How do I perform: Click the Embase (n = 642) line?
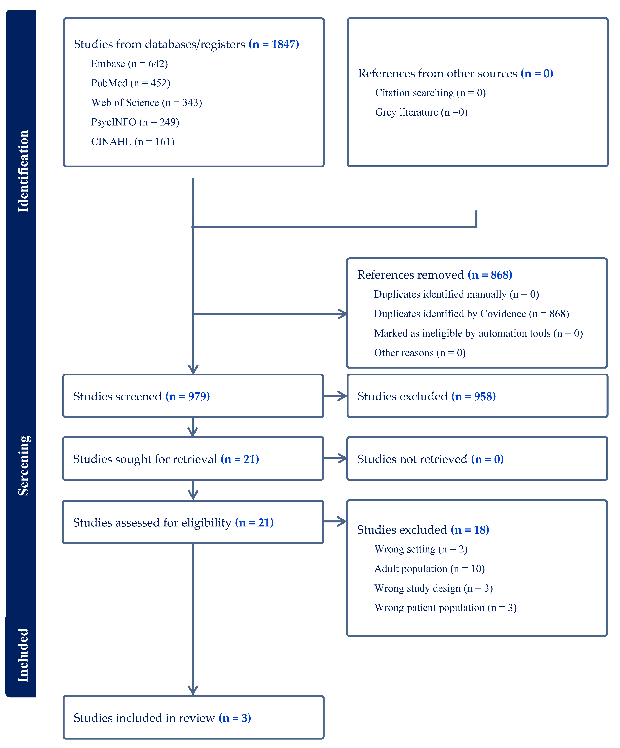(x=129, y=64)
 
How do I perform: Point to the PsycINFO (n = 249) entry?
(x=135, y=122)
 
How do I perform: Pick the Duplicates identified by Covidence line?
(x=471, y=314)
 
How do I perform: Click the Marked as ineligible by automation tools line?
(x=478, y=333)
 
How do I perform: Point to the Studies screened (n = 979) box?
(x=193, y=396)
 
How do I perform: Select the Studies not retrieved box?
(x=477, y=459)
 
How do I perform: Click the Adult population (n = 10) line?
(x=429, y=569)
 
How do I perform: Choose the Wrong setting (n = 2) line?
(x=421, y=549)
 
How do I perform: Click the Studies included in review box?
(x=193, y=718)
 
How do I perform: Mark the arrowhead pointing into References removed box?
(x=342, y=314)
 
